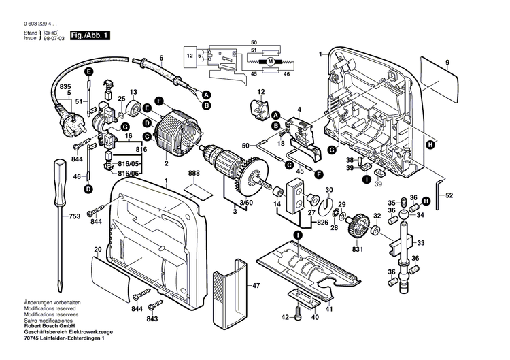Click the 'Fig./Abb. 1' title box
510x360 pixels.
(x=91, y=35)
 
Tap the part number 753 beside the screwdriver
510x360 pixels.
(x=74, y=216)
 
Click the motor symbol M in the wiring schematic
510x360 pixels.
(x=270, y=62)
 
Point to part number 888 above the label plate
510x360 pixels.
(x=194, y=174)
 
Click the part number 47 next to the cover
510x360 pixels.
(x=256, y=286)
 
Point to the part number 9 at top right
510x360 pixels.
(x=447, y=63)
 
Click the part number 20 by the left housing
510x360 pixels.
(x=97, y=250)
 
